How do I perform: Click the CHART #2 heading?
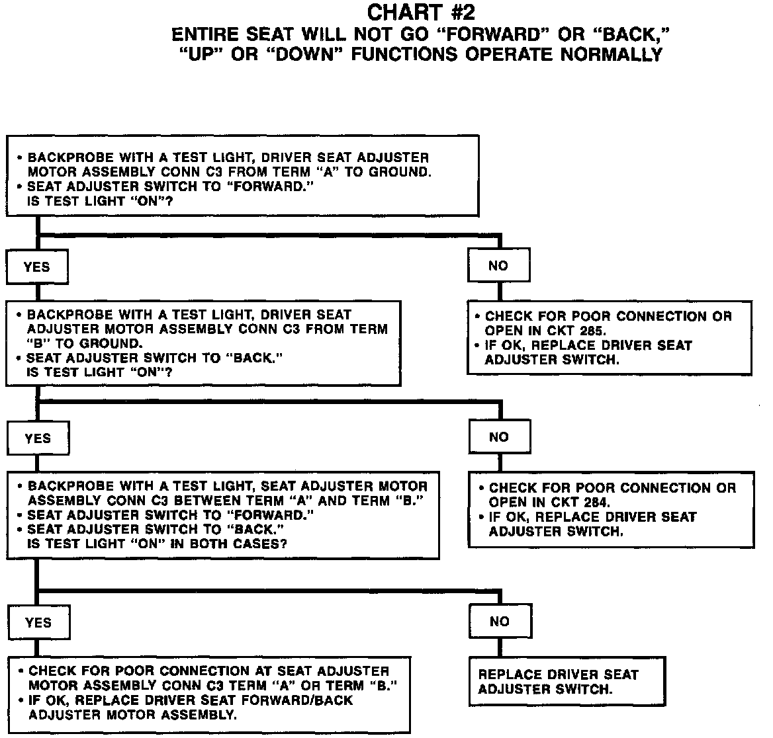coord(421,13)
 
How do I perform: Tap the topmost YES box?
coord(37,266)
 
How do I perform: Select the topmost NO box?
coord(498,266)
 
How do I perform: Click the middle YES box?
coord(38,438)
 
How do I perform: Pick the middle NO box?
coord(499,436)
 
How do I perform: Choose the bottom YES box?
coord(38,622)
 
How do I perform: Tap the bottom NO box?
coord(500,621)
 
